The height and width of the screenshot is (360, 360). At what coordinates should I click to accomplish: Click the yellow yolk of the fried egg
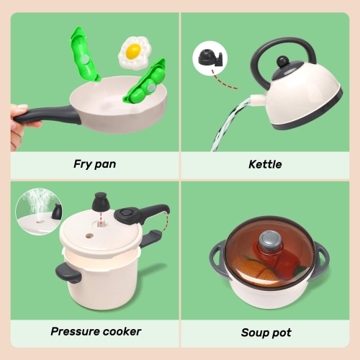tap(132, 51)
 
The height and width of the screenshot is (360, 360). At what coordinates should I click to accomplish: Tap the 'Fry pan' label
tap(94, 163)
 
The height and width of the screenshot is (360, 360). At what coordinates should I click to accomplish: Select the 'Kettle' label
tap(266, 163)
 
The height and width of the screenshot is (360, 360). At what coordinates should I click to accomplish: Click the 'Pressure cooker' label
tap(96, 332)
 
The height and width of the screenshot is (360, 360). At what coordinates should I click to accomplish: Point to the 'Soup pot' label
tap(266, 333)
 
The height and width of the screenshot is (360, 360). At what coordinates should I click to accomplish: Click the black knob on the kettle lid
tap(285, 63)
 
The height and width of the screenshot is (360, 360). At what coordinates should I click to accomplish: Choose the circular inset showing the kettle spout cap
tap(208, 58)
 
